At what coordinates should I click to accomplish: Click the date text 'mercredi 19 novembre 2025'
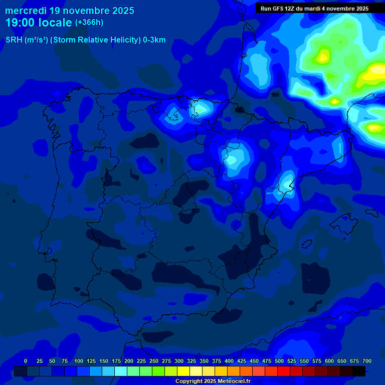coord(70,11)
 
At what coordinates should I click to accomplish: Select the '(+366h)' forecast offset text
coord(89,23)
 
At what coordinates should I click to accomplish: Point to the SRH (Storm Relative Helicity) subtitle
coord(85,40)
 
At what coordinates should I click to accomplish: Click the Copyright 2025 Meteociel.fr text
coord(213,381)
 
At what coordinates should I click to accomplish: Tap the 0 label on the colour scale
coord(26,361)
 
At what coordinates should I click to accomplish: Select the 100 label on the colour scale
coord(79,361)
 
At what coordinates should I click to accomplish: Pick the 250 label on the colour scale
coord(154,361)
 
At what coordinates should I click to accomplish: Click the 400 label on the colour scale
coord(229,361)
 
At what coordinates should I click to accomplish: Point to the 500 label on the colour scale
coord(279,361)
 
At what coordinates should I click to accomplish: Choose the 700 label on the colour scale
coord(367,361)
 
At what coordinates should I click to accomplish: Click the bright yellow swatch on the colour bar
coord(183,371)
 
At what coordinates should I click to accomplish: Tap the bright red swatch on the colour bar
coord(284,371)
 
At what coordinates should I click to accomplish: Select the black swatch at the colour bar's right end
coord(359,371)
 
